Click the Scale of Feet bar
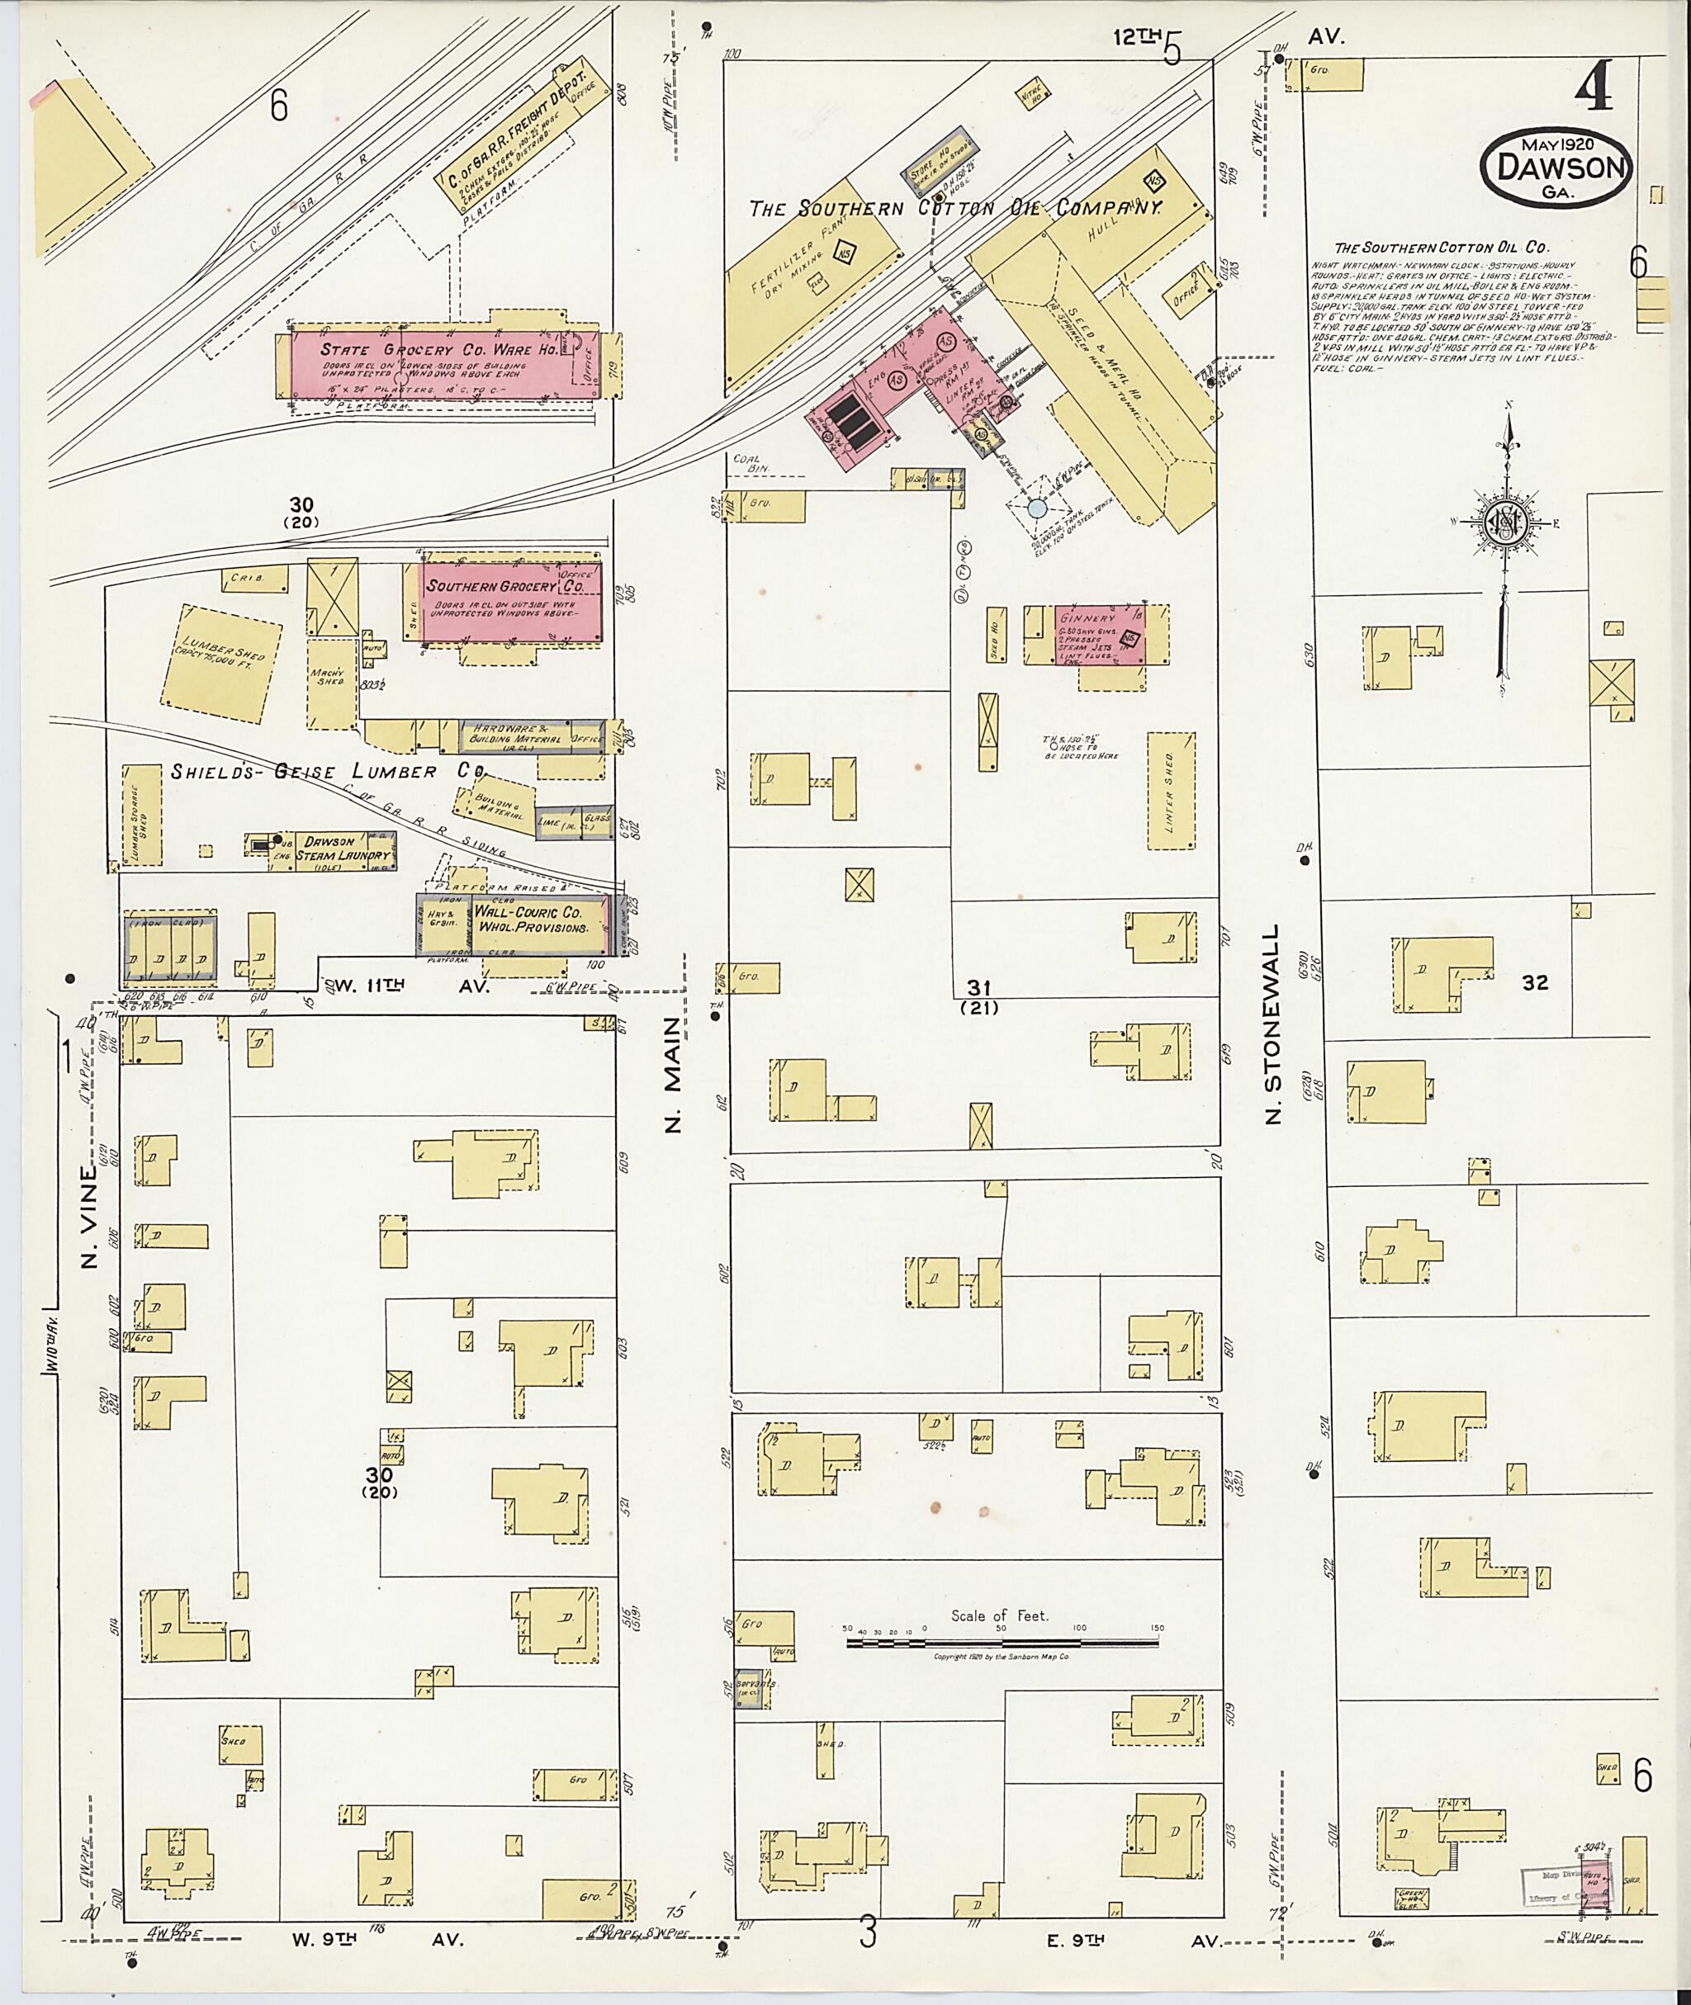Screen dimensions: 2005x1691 click(1001, 1643)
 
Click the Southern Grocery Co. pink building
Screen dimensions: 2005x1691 click(512, 601)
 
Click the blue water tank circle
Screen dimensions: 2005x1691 click(1037, 508)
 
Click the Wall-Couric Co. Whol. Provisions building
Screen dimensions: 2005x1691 click(530, 921)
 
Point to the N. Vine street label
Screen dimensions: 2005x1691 click(90, 1215)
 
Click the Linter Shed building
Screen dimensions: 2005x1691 click(1172, 792)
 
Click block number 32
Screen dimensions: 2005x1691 click(1535, 982)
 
